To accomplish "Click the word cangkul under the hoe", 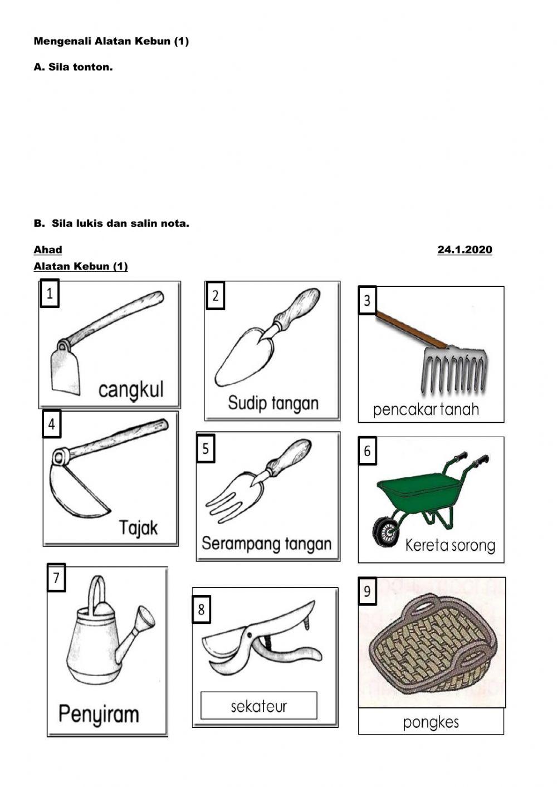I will point(131,390).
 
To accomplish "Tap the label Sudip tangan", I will point(273,403).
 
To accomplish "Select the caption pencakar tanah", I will point(426,410).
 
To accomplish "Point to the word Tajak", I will point(139,527).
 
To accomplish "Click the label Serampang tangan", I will point(266,544).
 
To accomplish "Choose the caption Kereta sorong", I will point(450,545).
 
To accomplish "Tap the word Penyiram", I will point(99,714).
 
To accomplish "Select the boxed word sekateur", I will point(258,706).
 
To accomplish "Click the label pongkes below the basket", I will point(431,722).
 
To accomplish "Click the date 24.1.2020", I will point(465,250).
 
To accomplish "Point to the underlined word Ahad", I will point(48,250).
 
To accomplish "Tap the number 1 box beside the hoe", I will point(50,294).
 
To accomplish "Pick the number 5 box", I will point(206,448).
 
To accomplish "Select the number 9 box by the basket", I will point(367,591).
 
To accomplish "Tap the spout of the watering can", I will point(139,627).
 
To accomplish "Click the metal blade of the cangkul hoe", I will point(65,370).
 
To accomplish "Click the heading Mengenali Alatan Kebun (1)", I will point(111,41).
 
